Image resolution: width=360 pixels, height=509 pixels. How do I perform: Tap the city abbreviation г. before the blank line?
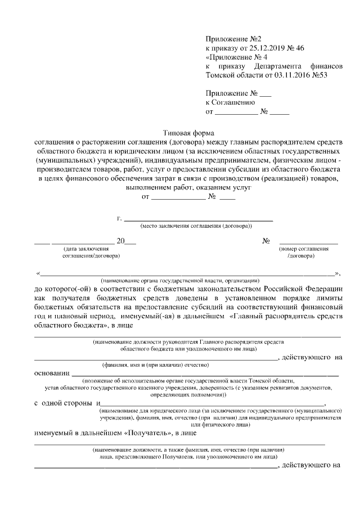pyautogui.click(x=119, y=218)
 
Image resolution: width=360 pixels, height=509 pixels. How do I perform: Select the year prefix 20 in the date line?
pyautogui.click(x=120, y=241)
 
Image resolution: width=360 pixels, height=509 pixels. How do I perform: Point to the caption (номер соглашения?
pyautogui.click(x=304, y=249)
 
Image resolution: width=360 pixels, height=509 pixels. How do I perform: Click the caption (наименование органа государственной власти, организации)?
pyautogui.click(x=179, y=280)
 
